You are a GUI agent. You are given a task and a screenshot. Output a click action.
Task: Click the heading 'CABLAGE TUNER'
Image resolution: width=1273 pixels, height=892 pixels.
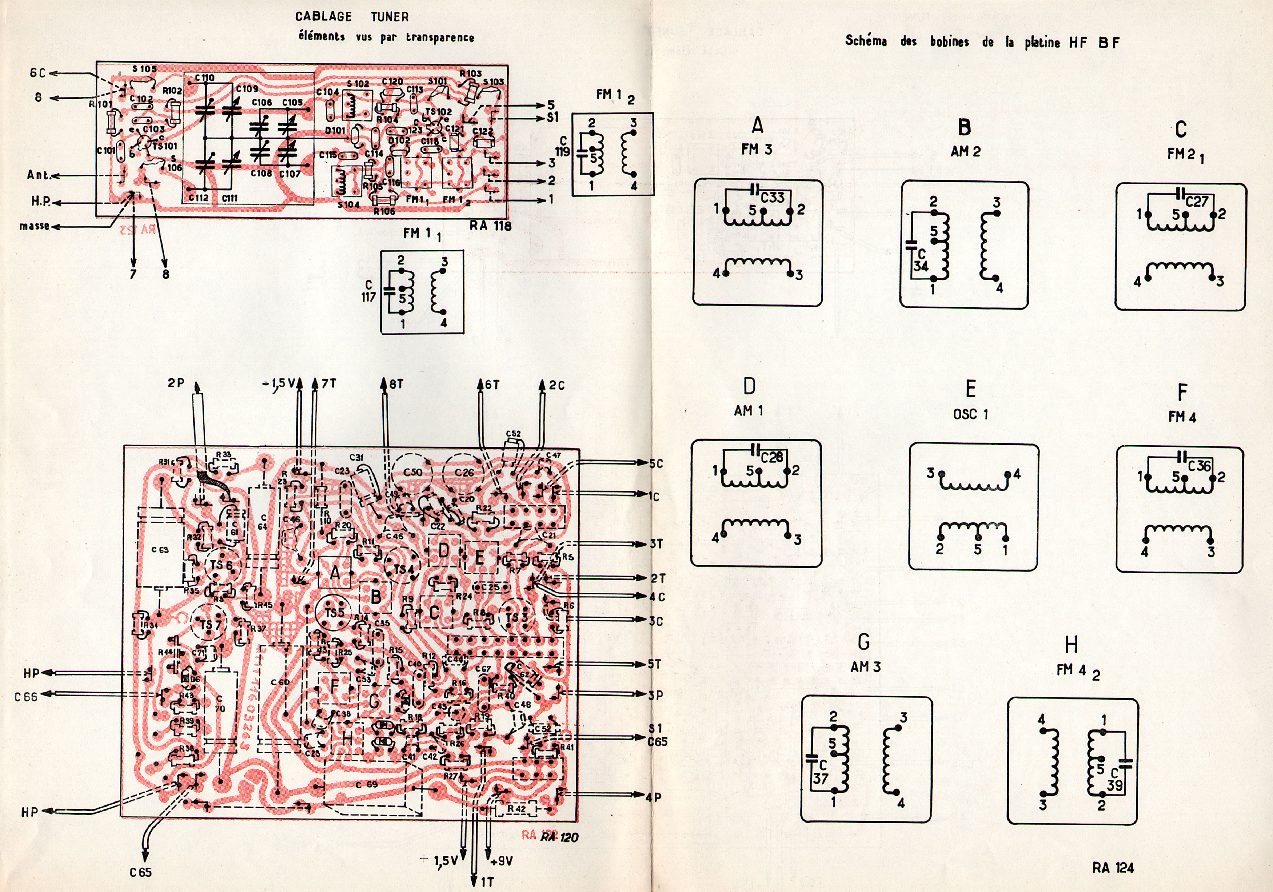tap(352, 17)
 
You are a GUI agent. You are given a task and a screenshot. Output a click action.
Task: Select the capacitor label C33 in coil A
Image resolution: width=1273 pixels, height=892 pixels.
tap(772, 198)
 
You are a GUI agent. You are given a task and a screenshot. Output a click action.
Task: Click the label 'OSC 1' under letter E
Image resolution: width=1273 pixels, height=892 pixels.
tap(970, 414)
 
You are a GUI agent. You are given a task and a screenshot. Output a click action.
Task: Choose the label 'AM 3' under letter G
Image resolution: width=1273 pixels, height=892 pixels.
tap(866, 666)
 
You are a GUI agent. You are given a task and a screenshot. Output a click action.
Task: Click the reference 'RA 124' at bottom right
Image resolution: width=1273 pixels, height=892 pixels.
tap(1113, 868)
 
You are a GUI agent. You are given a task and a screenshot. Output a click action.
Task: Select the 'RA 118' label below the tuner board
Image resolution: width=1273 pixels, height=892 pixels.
tap(490, 225)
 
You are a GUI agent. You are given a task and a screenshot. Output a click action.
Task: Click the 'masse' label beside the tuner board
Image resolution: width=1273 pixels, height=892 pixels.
tap(35, 226)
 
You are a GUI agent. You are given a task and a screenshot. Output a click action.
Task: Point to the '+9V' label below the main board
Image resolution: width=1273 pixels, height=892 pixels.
tap(502, 861)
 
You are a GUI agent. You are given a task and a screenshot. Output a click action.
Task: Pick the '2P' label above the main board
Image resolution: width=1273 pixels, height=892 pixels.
tap(176, 383)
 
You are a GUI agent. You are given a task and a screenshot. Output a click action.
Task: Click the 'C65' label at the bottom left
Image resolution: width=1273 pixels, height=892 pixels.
tap(140, 872)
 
